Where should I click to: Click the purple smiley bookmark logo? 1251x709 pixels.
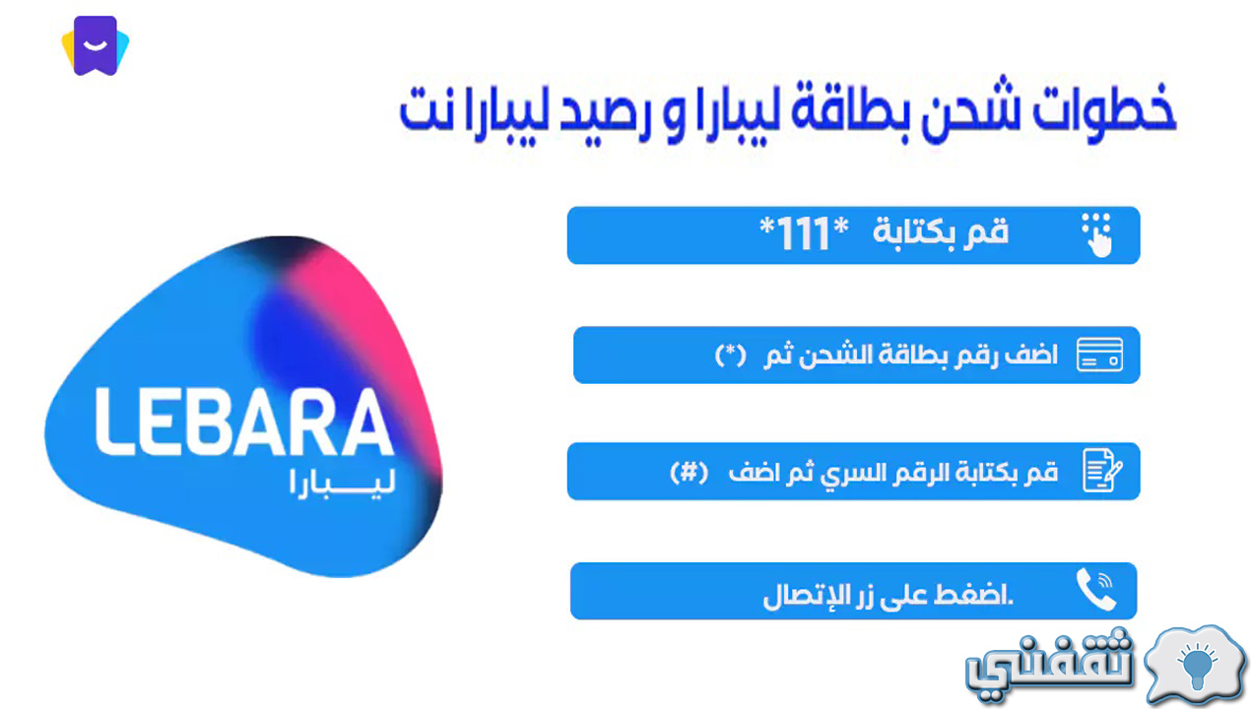point(96,45)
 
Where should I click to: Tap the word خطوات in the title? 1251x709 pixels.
point(1103,108)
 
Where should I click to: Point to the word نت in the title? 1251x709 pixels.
point(426,108)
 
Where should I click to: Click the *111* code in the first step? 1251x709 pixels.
point(804,233)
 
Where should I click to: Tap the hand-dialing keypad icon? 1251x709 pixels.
point(1096,235)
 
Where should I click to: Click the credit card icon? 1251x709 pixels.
point(1099,354)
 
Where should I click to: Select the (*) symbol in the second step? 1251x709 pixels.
point(731,355)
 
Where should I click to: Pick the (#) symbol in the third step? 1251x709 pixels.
point(690,473)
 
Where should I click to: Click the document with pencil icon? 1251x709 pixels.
point(1102,471)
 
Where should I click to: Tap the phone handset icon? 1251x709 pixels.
point(1096,590)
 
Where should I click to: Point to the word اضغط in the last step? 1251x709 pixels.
point(973,594)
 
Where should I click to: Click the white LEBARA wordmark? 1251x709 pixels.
point(244,421)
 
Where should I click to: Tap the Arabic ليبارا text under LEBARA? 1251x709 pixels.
point(343,483)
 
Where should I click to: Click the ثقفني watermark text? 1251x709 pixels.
point(1050,665)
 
